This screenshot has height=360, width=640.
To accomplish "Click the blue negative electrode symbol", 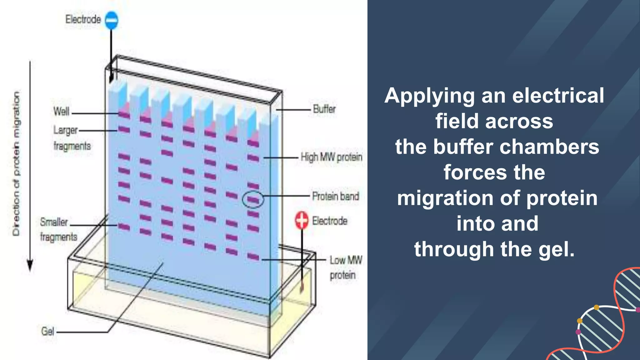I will [112, 20].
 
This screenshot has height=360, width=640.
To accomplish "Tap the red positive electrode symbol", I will [302, 220].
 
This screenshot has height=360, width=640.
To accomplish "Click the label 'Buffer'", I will [324, 109].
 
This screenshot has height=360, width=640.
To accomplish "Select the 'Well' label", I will [61, 112].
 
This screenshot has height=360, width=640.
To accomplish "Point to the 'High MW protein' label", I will [331, 157].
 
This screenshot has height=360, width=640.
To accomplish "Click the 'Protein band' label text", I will [335, 196].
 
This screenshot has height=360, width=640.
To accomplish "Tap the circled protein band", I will [253, 199].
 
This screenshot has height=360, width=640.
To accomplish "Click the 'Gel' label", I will [47, 331].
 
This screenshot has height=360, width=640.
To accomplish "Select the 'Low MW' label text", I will [346, 260].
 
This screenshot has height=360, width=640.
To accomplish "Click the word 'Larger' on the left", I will [65, 130].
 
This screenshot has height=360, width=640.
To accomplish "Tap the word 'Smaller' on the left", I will [54, 222].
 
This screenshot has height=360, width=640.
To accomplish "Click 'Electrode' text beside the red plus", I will [330, 221].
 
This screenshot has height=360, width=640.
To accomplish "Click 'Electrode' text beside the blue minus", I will [83, 19].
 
